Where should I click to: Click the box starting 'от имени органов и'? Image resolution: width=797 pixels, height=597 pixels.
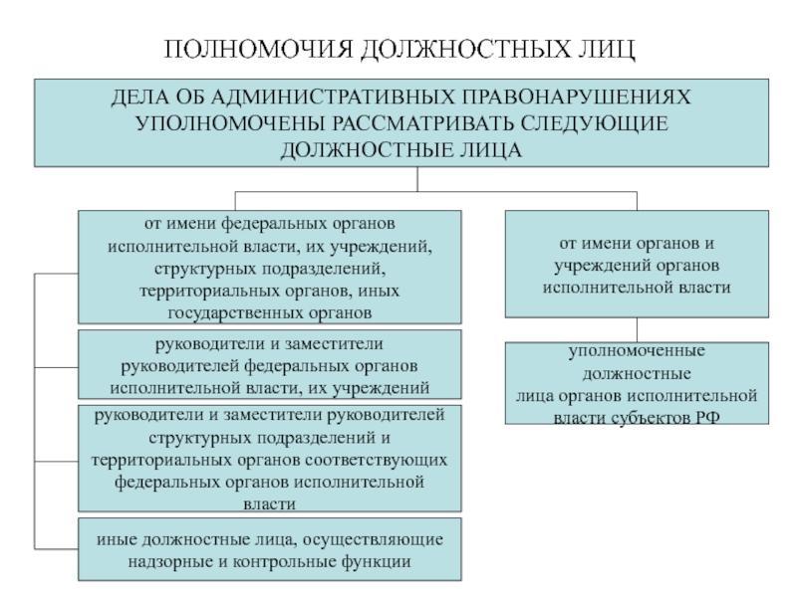[x=637, y=264]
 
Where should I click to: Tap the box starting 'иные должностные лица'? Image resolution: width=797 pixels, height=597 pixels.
[x=270, y=549]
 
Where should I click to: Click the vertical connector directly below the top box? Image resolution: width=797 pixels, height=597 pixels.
[x=418, y=178]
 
